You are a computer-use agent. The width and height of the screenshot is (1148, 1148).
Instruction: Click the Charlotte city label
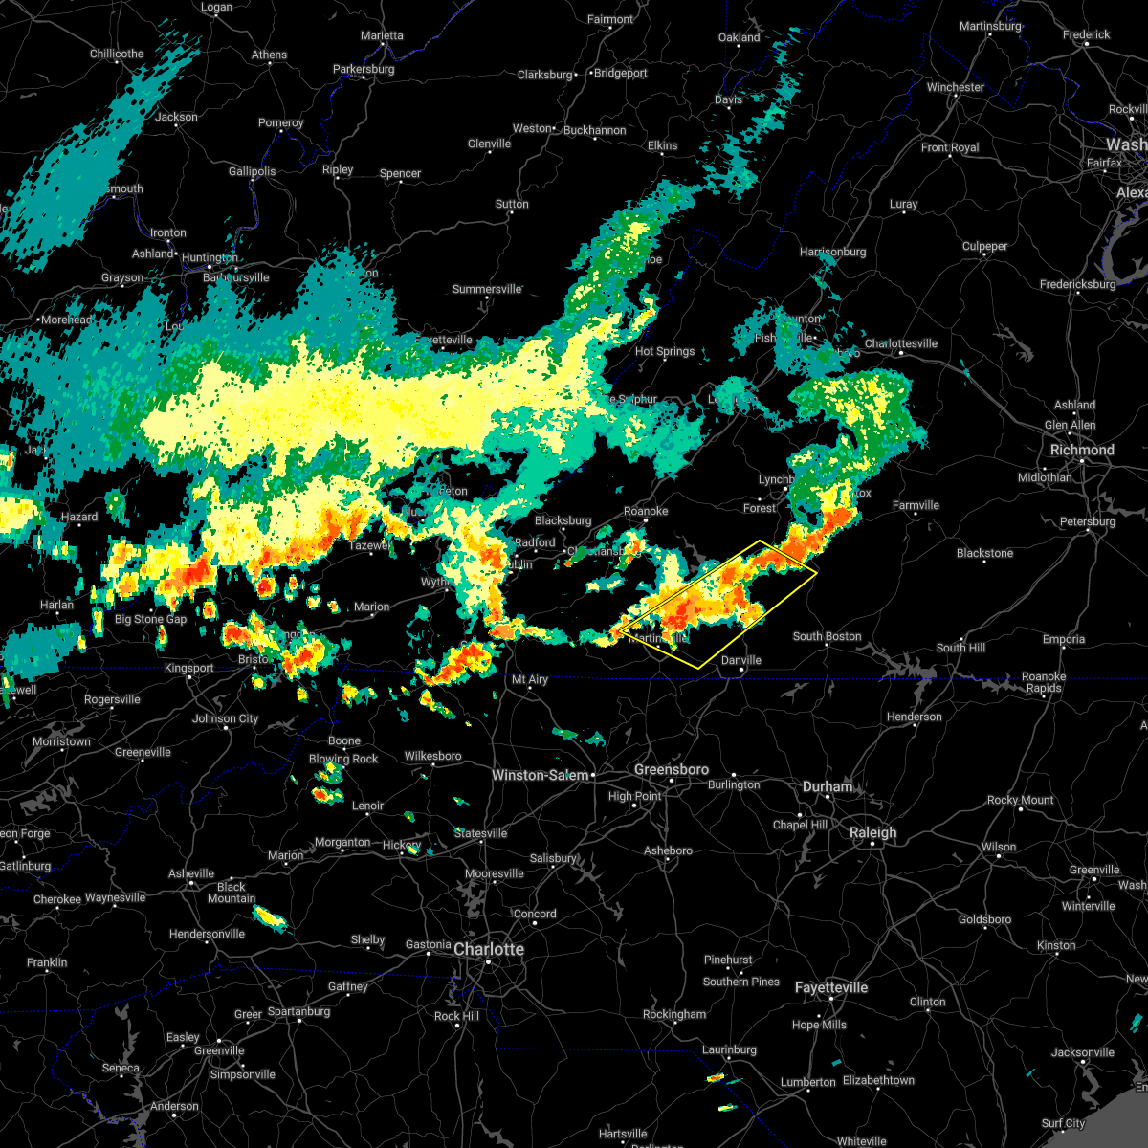tap(489, 949)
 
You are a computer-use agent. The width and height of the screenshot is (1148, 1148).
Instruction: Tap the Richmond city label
tap(1082, 450)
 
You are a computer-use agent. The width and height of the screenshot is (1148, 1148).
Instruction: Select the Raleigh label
tap(873, 832)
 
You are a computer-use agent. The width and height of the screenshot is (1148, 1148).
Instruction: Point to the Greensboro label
tap(672, 770)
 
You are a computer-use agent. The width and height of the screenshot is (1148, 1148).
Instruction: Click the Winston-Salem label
tap(541, 775)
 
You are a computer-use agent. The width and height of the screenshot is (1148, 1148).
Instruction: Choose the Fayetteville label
tap(831, 987)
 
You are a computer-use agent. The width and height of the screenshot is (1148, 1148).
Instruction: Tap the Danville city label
tap(741, 660)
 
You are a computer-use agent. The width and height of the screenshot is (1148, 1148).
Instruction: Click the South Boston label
tap(827, 636)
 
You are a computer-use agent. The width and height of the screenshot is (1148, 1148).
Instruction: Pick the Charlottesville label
tap(901, 343)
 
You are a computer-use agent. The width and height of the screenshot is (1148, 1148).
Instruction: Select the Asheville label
tap(191, 873)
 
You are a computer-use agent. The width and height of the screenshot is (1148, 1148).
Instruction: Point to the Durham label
tap(828, 786)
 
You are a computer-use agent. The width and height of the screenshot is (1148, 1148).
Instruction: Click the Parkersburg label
tap(364, 70)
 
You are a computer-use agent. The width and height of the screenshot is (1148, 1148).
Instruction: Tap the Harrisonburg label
tap(832, 253)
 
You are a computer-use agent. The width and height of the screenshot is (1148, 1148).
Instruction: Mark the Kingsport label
tap(189, 668)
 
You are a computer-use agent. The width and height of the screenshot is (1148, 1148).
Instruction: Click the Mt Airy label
tap(529, 679)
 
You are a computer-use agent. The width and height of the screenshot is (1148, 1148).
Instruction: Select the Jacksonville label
tap(1082, 1052)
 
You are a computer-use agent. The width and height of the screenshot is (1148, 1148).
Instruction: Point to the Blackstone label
tap(984, 553)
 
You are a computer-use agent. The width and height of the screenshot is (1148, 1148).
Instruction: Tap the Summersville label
tap(487, 289)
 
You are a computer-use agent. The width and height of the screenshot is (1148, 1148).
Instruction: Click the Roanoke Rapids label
tap(1044, 682)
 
